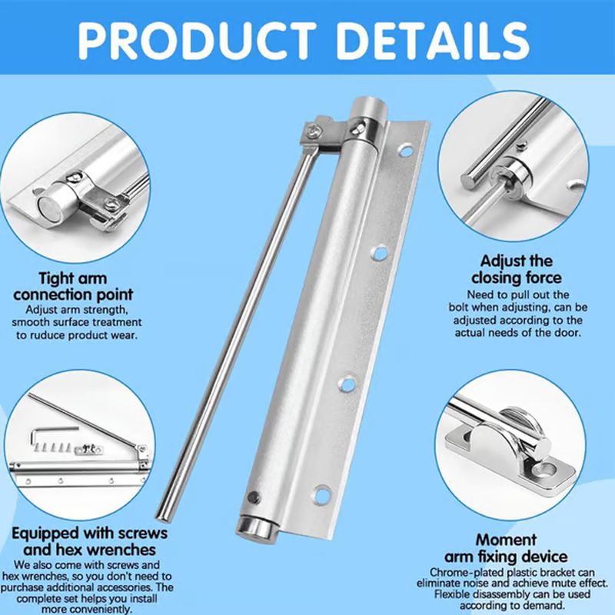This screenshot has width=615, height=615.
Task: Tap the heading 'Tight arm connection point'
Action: (74, 287)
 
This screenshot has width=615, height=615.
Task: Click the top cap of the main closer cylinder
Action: (367, 108)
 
